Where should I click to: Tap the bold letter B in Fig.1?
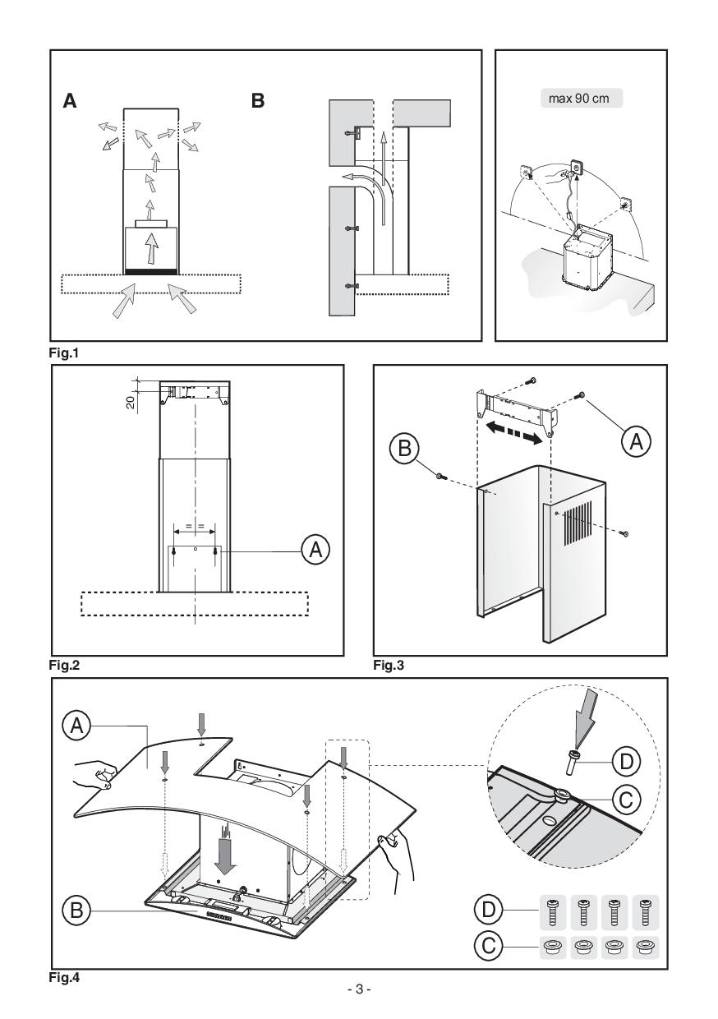(258, 102)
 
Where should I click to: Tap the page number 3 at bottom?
(358, 990)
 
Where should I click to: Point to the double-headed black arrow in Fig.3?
(510, 433)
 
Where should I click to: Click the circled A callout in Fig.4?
(76, 724)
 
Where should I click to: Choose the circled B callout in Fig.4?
(76, 911)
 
